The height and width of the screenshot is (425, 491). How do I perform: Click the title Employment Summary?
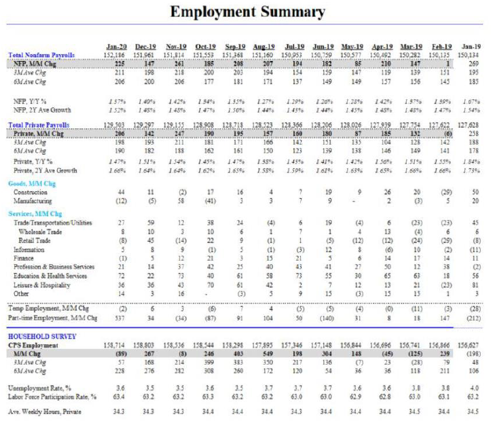247,12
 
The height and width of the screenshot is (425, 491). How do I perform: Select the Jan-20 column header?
115,46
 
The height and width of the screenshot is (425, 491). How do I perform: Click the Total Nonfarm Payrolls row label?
41,54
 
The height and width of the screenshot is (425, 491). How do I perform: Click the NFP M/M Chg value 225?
118,62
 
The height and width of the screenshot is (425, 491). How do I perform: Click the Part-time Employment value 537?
119,317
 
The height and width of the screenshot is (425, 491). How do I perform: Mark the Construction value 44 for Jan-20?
121,192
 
